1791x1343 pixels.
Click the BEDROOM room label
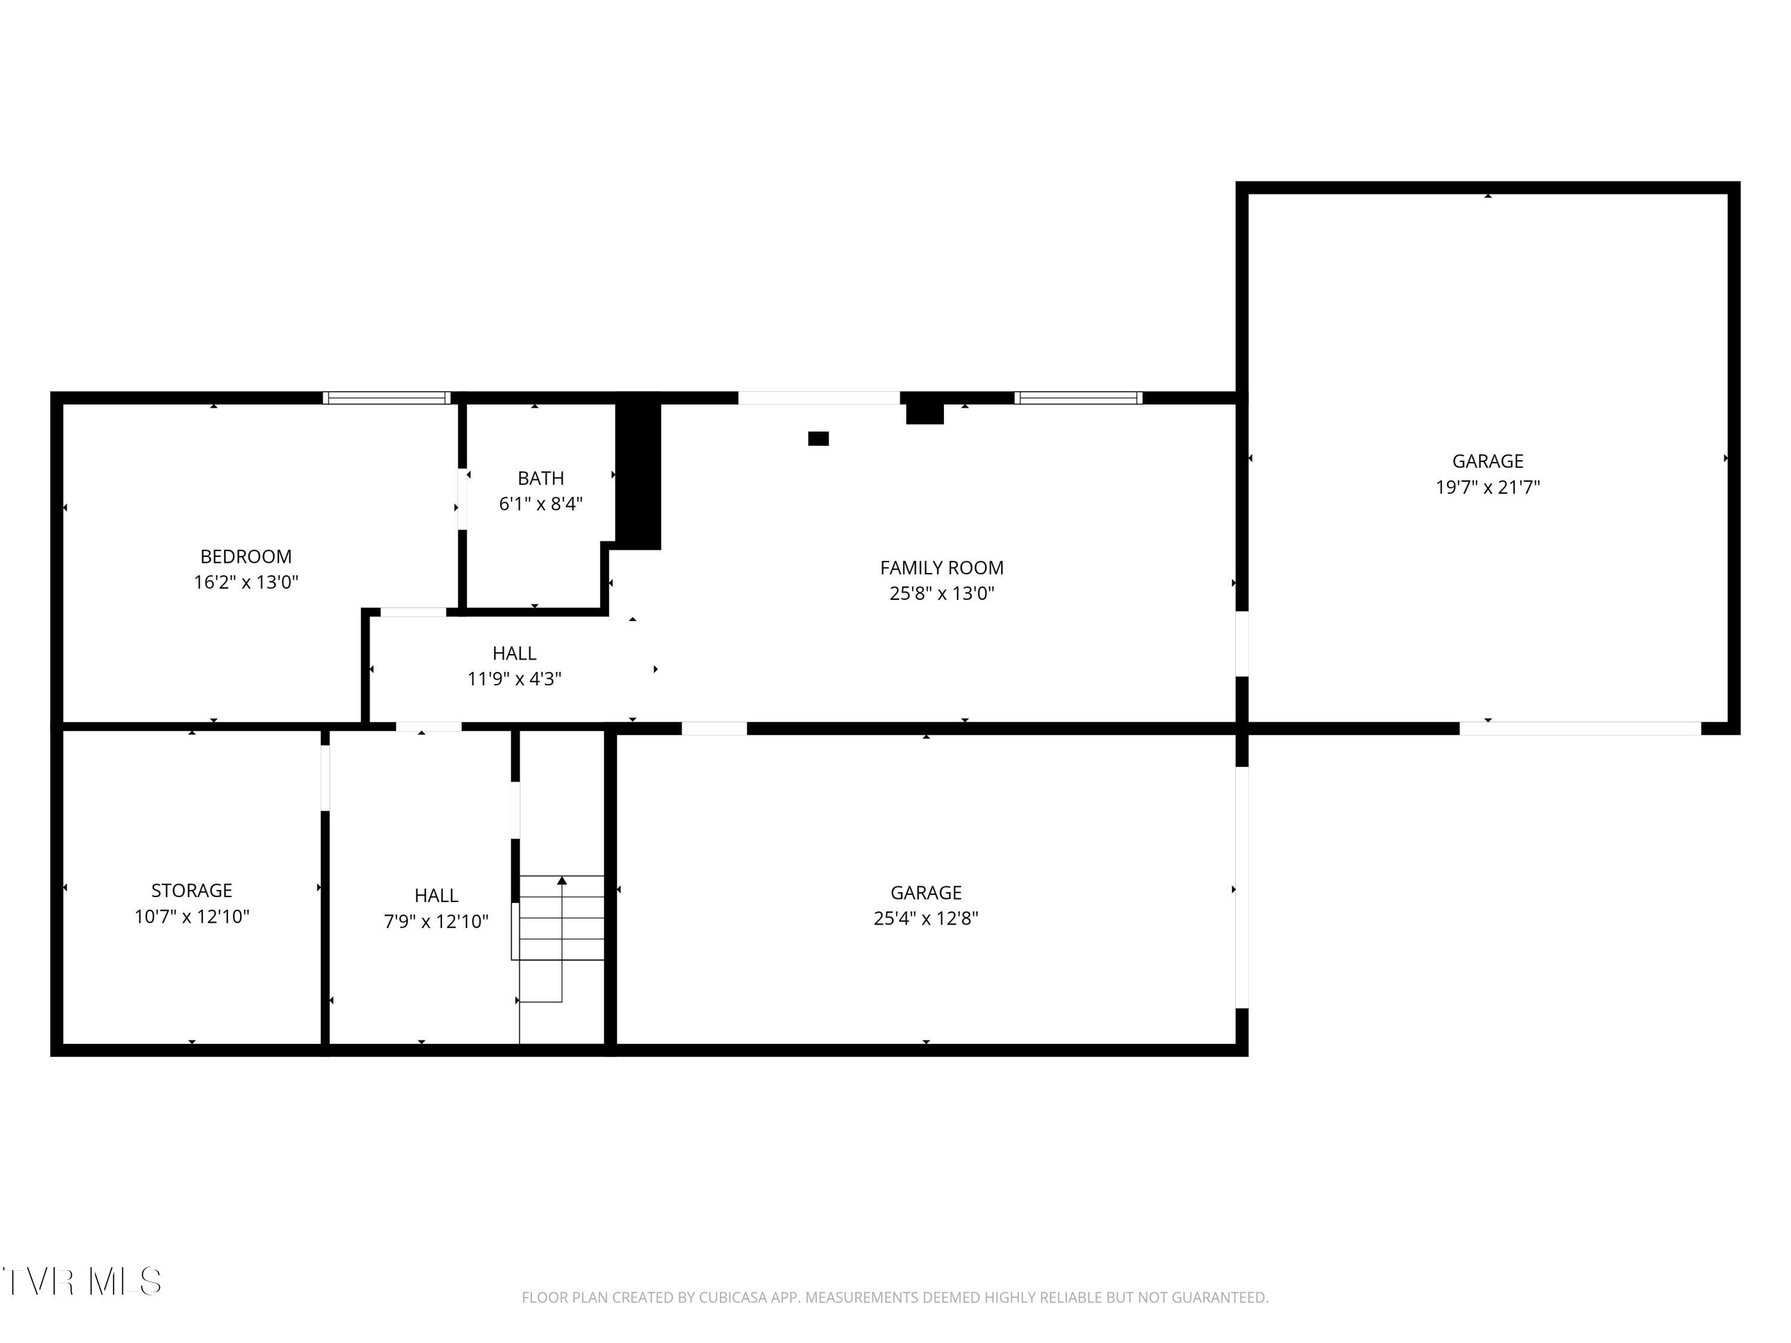coord(245,556)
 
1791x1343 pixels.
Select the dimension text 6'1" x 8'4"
coord(540,504)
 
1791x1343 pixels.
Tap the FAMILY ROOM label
coord(941,568)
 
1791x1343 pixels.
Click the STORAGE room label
coord(192,890)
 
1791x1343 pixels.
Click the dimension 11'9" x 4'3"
coord(514,679)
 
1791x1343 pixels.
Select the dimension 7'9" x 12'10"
coord(436,920)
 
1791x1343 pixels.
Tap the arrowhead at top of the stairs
coord(562,880)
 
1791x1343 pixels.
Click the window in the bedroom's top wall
coord(386,398)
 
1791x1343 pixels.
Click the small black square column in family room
coord(818,439)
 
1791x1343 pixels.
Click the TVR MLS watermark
coord(81,1281)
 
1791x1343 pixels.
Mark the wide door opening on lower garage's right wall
coord(1241,886)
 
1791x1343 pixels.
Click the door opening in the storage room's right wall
coord(325,777)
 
